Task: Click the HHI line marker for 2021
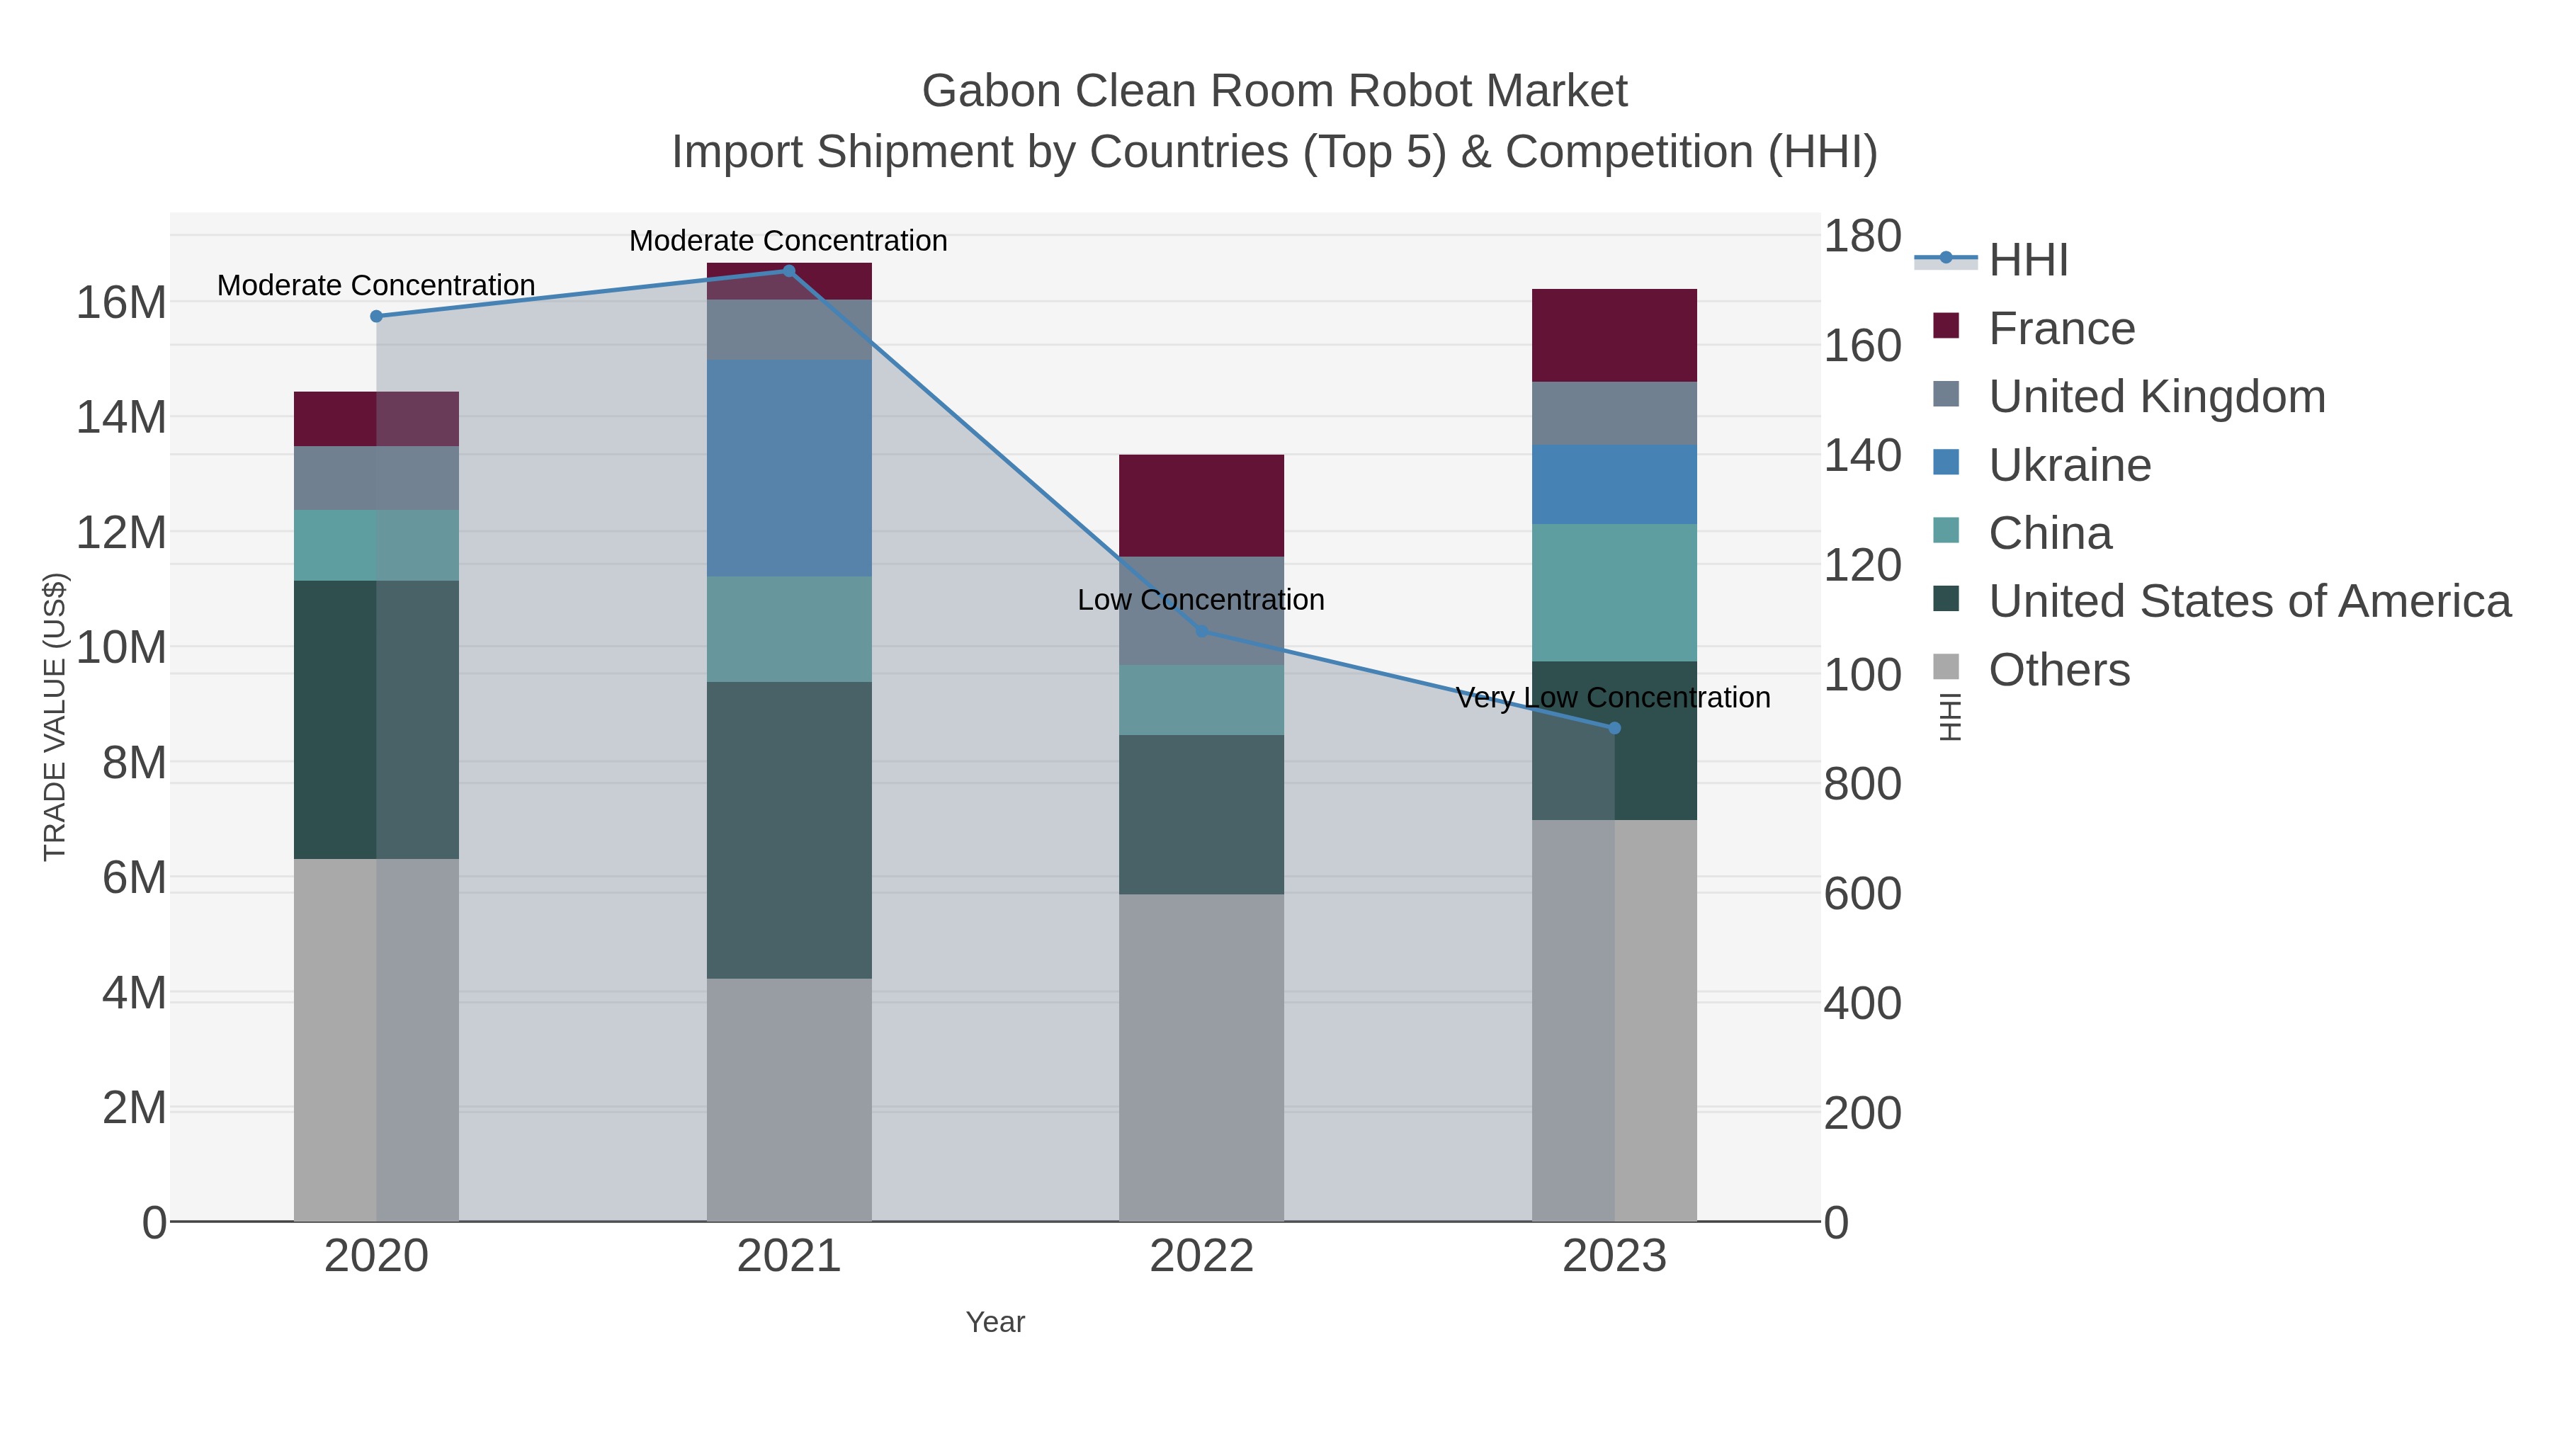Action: point(789,271)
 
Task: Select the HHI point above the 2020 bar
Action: point(376,317)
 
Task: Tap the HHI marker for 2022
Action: point(1202,632)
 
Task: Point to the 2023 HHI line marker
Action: point(1614,729)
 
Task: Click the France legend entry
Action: point(2061,329)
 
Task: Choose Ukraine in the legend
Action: point(2069,465)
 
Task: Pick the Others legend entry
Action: point(2059,670)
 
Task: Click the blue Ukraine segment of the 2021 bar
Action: point(789,468)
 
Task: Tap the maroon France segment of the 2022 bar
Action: point(1202,506)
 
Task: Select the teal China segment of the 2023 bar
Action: point(1614,593)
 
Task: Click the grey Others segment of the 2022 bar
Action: point(1202,1057)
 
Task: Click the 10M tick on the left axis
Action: point(120,648)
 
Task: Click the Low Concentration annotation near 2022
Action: point(1201,600)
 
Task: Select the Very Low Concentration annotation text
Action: point(1613,698)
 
